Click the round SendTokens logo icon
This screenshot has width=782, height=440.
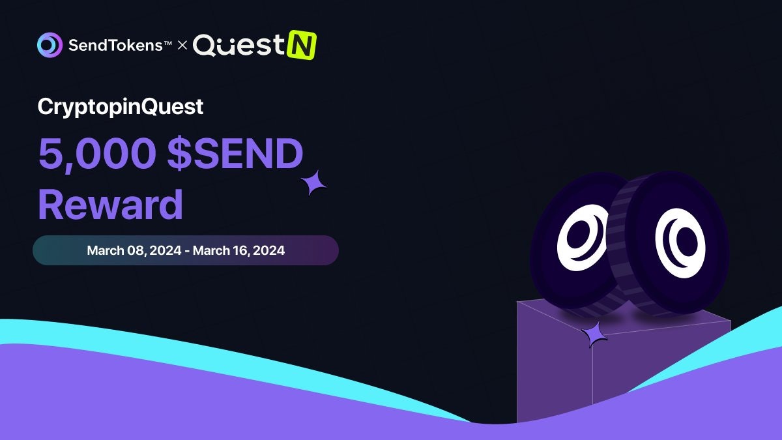click(x=50, y=45)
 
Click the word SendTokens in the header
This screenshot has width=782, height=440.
click(x=115, y=46)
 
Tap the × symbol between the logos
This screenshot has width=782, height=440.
click(x=182, y=46)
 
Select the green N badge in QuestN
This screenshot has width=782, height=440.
click(x=302, y=45)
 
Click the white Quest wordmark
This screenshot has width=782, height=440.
click(x=239, y=45)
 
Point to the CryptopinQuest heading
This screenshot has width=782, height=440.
click(x=121, y=107)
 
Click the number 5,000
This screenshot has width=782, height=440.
click(x=97, y=154)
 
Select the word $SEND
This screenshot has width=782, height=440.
click(x=235, y=153)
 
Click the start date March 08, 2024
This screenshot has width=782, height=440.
click(x=134, y=251)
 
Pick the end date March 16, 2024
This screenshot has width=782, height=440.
click(x=239, y=251)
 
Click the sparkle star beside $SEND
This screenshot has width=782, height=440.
click(x=313, y=183)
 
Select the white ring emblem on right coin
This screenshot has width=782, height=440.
click(x=680, y=243)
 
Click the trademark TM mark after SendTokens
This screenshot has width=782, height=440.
click(x=167, y=43)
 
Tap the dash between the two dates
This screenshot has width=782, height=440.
click(x=187, y=252)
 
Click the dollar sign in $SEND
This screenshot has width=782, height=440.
click(x=179, y=153)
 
